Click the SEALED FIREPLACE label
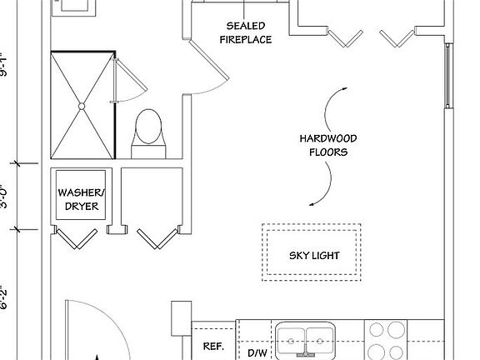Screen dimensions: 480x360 pos(246,32)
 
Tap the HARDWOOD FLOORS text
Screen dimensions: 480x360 pos(328,145)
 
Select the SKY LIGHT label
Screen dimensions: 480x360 pos(314,256)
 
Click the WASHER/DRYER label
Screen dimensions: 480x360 pos(82,199)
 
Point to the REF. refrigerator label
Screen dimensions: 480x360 pos(213,346)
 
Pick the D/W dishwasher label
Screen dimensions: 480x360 pos(257,353)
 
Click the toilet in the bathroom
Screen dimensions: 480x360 pos(148,134)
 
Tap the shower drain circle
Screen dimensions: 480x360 pos(82,106)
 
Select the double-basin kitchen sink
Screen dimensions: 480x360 pos(305,341)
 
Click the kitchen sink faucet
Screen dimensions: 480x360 pos(305,351)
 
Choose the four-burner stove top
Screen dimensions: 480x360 pos(386,340)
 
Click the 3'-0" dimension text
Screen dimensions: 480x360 pos(4,197)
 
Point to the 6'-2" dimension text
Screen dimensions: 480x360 pos(3,297)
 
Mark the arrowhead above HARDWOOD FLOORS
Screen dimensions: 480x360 pos(345,89)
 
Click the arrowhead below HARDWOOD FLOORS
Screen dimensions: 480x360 pos(312,204)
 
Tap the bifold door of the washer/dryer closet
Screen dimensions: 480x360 pos(77,237)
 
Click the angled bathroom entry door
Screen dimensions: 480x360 pos(209,59)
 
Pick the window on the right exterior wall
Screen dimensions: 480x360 pos(447,76)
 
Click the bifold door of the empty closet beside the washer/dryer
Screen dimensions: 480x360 pos(157,238)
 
